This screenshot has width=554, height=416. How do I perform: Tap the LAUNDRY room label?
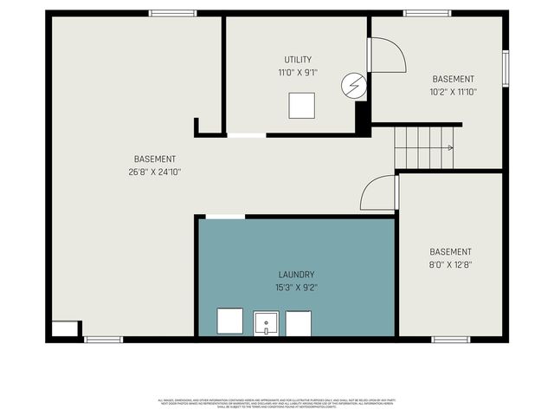[x=297, y=274]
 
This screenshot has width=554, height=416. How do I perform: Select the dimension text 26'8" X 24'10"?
[x=156, y=172]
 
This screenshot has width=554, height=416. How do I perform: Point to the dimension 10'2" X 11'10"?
[x=453, y=91]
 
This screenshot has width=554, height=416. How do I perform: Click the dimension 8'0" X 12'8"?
[x=450, y=265]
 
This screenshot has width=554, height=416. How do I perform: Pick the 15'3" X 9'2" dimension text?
[x=297, y=287]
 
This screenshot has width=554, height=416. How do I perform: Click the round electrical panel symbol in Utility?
[x=353, y=85]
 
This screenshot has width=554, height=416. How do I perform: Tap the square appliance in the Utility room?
[x=302, y=105]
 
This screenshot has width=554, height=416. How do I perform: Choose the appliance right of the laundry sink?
[x=299, y=323]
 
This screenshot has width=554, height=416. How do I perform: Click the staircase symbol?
[x=424, y=147]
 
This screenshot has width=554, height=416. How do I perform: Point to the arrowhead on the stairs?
[x=450, y=147]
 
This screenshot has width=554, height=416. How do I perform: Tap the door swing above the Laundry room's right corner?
[x=379, y=192]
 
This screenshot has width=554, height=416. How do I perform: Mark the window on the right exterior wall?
[x=506, y=68]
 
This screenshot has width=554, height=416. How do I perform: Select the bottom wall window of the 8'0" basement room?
[x=450, y=340]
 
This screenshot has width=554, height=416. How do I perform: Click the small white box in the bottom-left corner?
[x=64, y=329]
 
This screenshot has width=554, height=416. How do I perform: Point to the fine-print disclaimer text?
[x=277, y=403]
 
